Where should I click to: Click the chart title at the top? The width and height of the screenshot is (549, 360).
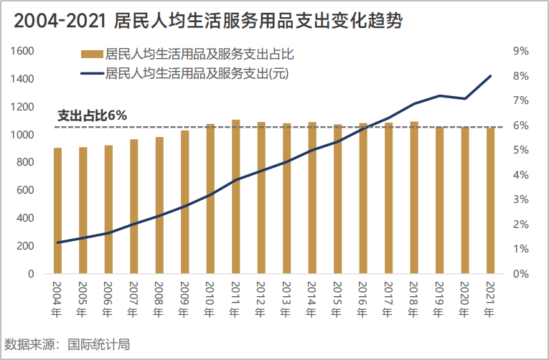tap(209, 21)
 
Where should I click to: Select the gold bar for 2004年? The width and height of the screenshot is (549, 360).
tap(58, 211)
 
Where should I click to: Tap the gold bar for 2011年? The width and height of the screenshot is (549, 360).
tap(236, 196)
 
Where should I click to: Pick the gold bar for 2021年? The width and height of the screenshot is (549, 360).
tap(491, 201)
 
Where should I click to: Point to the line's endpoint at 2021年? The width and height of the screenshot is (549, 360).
tap(491, 76)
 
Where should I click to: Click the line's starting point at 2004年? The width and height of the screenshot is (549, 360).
tap(58, 242)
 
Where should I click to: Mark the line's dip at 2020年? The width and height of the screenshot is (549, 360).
tap(465, 98)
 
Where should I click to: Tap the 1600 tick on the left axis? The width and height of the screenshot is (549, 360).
tap(23, 52)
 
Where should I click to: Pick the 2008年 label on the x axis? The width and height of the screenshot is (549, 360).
tap(159, 300)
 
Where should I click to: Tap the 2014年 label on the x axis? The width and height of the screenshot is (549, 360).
tap(312, 300)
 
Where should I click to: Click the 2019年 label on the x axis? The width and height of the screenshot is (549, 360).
tap(439, 300)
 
